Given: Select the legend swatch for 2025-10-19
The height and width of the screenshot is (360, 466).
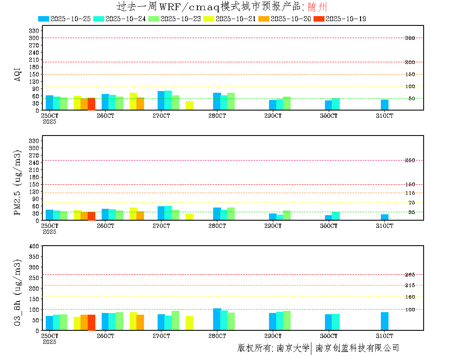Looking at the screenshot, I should pyautogui.click(x=319, y=19).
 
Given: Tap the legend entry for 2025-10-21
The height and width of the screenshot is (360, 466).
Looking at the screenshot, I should pyautogui.click(x=230, y=19).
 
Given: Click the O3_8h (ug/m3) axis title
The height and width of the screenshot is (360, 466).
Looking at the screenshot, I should pyautogui.click(x=18, y=292).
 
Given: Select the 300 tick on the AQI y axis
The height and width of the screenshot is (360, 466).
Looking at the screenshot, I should pyautogui.click(x=34, y=38).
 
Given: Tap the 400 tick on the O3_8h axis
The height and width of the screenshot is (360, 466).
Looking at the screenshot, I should pyautogui.click(x=34, y=246).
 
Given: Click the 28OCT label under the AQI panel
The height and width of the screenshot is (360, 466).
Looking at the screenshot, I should pyautogui.click(x=217, y=116).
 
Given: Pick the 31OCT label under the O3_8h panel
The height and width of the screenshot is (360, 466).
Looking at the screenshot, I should pyautogui.click(x=385, y=336).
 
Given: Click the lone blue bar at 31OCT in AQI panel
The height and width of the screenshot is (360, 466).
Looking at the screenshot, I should pyautogui.click(x=385, y=105).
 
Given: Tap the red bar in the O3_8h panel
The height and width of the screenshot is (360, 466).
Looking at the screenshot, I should pyautogui.click(x=92, y=322).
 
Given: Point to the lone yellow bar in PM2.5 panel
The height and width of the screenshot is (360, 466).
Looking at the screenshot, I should pyautogui.click(x=189, y=217).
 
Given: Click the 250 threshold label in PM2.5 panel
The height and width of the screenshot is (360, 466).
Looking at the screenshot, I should pyautogui.click(x=410, y=160).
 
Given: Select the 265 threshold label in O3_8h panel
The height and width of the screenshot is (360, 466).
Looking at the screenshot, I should pyautogui.click(x=410, y=275).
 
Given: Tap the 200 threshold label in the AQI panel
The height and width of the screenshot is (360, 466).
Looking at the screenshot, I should pyautogui.click(x=410, y=62).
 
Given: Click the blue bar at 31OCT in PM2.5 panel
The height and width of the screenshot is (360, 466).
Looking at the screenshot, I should pyautogui.click(x=385, y=217).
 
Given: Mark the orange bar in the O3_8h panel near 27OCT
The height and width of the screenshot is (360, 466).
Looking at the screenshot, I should pyautogui.click(x=140, y=322).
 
